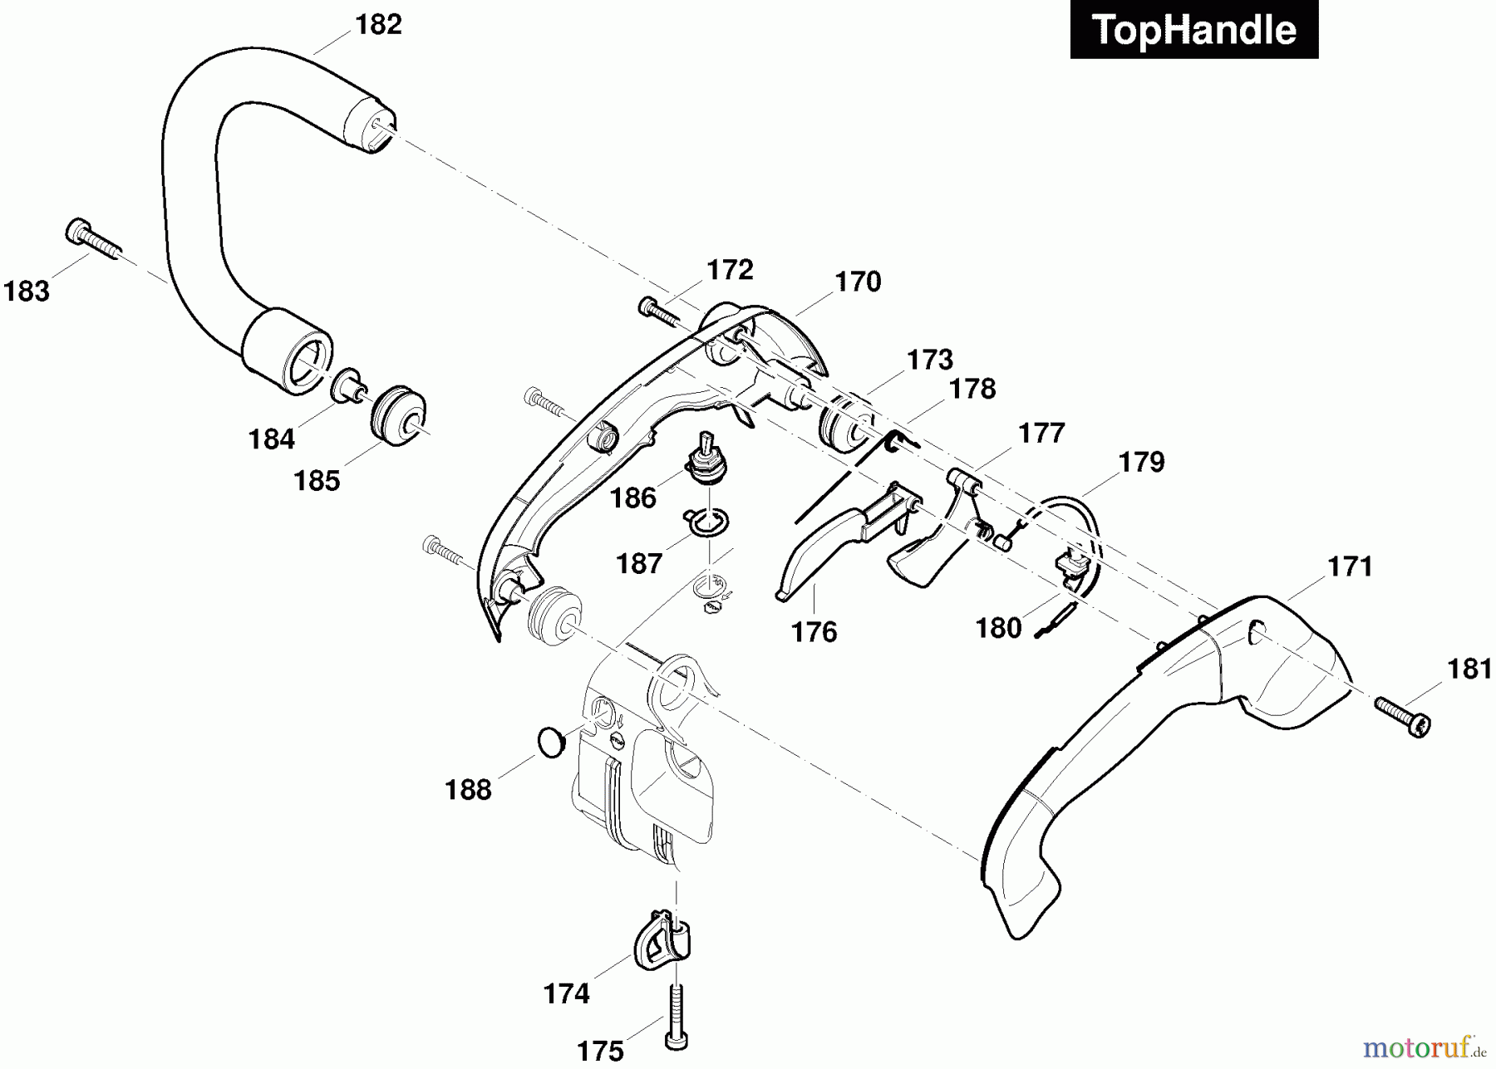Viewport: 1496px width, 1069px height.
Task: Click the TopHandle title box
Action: (1193, 30)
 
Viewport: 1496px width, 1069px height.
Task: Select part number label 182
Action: (378, 25)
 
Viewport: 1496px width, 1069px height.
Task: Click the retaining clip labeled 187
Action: (707, 522)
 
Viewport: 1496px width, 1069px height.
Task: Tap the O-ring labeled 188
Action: (550, 741)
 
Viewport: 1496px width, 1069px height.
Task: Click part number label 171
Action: (1350, 567)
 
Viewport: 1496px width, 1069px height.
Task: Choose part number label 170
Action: (858, 282)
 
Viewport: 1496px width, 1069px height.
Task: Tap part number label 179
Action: (1141, 462)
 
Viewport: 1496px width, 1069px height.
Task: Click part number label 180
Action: (998, 629)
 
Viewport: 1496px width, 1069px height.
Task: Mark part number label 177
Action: (1041, 434)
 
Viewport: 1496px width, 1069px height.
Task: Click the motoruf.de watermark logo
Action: (1425, 1047)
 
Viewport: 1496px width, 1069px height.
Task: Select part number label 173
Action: (930, 360)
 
